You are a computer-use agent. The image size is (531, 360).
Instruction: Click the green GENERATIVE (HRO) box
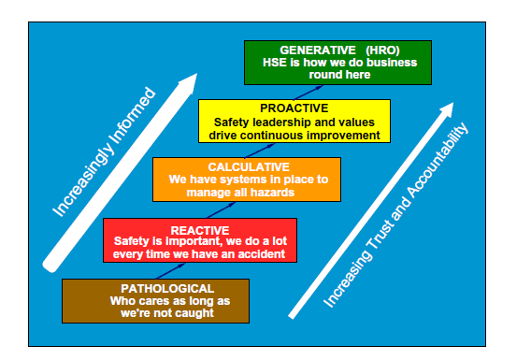337,63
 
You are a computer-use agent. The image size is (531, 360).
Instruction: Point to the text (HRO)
377,50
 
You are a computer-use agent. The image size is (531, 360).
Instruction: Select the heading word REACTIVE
200,228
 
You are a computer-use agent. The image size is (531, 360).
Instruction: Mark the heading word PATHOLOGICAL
156,288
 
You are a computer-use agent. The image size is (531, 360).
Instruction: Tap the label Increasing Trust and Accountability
396,213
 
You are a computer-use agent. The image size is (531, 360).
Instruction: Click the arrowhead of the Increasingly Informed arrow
187,82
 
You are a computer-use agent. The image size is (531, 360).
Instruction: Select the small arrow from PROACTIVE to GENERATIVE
303,92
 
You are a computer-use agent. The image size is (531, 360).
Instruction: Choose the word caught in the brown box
194,312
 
